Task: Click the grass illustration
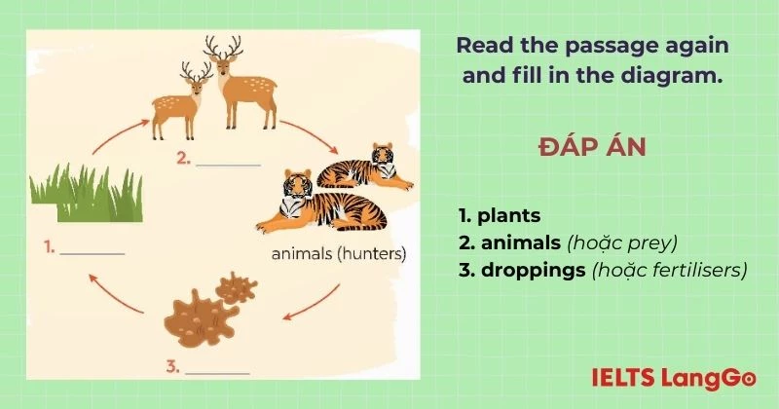click(x=85, y=196)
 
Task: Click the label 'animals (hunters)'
click(x=339, y=255)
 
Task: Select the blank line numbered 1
click(x=93, y=252)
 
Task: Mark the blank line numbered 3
click(x=217, y=371)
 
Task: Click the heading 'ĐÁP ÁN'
click(x=592, y=148)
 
